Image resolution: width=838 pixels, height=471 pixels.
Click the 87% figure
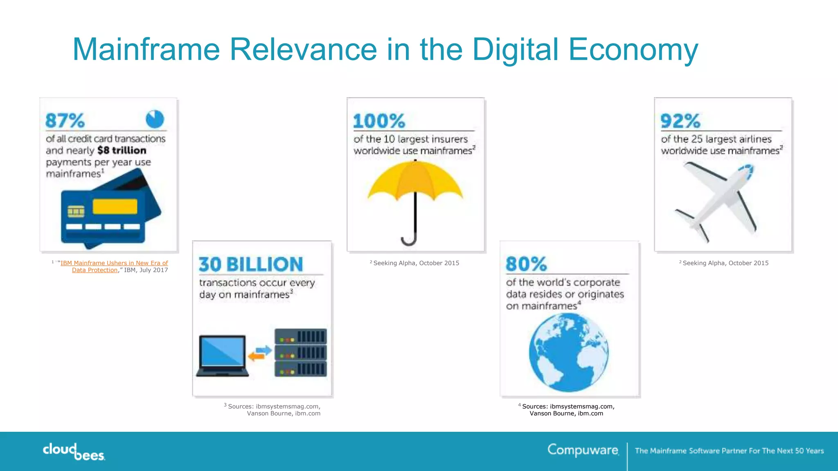click(65, 121)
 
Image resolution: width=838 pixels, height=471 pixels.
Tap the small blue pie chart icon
click(155, 119)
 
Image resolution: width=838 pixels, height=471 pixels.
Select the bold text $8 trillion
click(122, 150)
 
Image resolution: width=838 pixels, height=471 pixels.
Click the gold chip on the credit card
click(76, 211)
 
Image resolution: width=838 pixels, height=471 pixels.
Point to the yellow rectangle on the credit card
click(115, 206)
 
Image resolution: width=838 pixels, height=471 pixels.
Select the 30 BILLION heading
click(251, 265)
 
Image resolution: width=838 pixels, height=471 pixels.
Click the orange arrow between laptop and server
click(256, 357)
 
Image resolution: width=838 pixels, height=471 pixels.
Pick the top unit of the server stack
click(301, 336)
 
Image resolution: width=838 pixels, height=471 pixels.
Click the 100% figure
click(379, 121)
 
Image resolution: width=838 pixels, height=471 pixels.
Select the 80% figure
click(526, 264)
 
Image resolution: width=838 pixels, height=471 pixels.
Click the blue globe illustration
click(568, 352)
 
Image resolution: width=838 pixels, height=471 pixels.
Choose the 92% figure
click(680, 121)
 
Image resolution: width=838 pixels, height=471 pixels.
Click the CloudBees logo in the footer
click(74, 451)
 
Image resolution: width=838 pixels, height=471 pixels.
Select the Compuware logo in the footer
click(583, 450)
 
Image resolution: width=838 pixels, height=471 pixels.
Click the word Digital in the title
click(515, 49)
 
